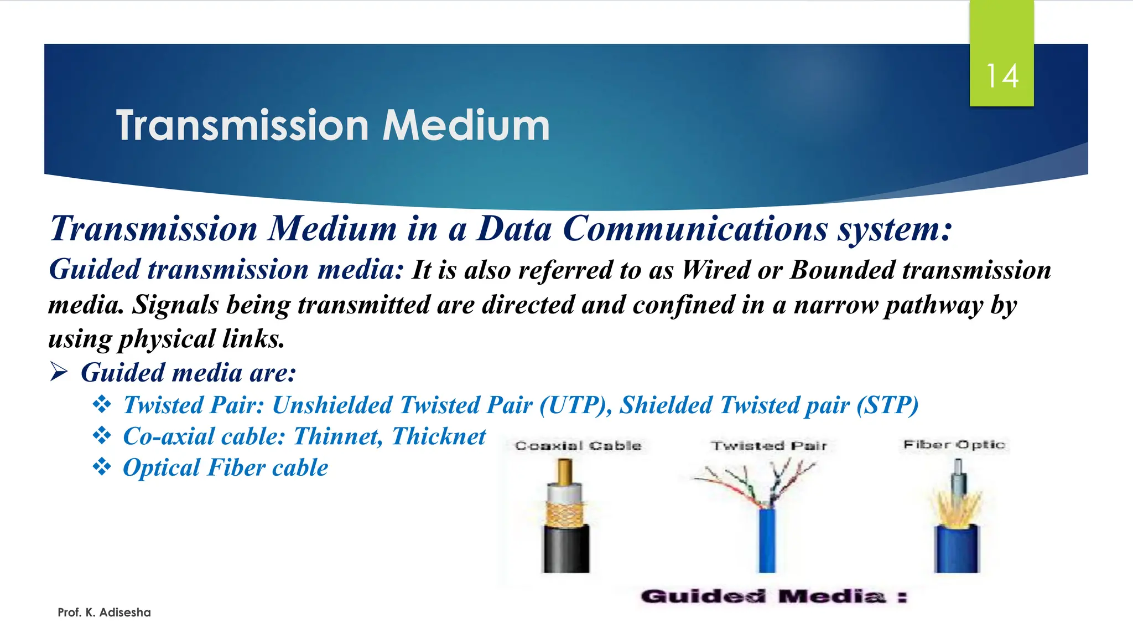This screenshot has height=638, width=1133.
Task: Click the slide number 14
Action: [x=1002, y=76]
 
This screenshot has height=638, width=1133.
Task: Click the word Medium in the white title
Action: [x=466, y=126]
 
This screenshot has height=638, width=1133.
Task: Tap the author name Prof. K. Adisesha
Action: [x=104, y=613]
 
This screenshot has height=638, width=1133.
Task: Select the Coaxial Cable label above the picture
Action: [x=578, y=446]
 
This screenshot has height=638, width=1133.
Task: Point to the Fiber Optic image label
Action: [x=954, y=445]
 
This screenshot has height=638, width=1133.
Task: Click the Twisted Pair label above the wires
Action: [x=769, y=446]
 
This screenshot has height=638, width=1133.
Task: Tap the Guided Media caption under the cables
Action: [x=773, y=596]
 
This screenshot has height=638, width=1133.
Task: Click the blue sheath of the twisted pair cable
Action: [x=767, y=540]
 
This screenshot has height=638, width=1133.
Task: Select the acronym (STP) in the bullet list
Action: [x=887, y=405]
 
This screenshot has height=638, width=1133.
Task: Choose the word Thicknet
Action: [x=439, y=436]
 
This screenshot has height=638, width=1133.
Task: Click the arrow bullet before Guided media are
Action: [x=59, y=372]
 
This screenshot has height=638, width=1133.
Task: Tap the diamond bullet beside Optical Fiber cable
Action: [x=102, y=467]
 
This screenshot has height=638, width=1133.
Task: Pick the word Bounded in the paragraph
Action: [x=842, y=270]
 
